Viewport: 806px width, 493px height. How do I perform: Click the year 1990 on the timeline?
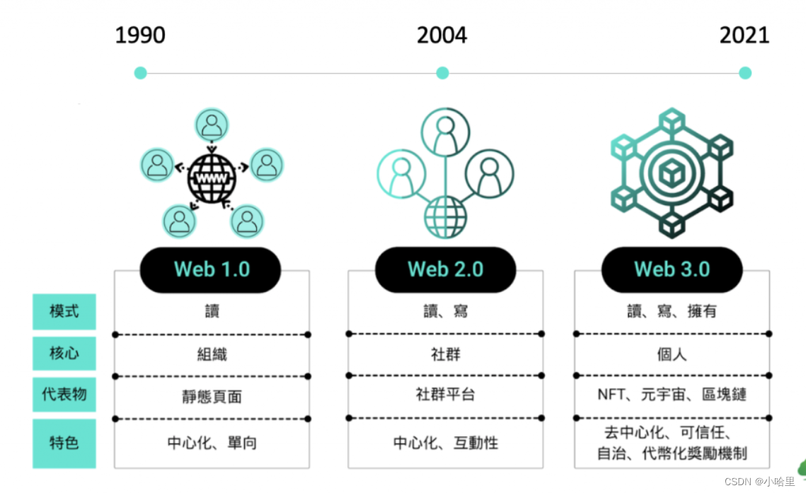pos(140,35)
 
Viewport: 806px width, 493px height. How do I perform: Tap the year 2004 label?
pos(442,35)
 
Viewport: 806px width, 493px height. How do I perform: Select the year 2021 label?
pos(744,35)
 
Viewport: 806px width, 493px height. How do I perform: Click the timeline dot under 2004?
pos(442,72)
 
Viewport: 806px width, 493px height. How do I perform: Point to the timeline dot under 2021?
pos(744,72)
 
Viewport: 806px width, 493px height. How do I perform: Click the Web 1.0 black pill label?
pos(211,269)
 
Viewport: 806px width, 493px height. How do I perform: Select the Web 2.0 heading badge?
pos(445,269)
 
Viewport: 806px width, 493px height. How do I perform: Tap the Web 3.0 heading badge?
pos(672,269)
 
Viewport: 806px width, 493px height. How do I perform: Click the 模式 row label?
pos(64,311)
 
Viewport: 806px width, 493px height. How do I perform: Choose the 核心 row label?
pos(64,353)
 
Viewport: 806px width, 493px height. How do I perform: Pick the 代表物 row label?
pos(64,395)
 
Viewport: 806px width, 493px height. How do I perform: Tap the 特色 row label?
pos(64,443)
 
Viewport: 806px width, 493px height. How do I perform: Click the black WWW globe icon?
pos(212,177)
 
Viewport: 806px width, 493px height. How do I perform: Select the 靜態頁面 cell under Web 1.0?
pos(212,397)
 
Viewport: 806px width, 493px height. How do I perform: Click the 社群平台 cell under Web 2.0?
pos(445,395)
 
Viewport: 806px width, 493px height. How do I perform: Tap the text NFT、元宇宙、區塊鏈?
pos(672,395)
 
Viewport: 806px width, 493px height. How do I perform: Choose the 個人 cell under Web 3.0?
pos(672,354)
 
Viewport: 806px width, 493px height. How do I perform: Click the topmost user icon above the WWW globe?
pos(212,126)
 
